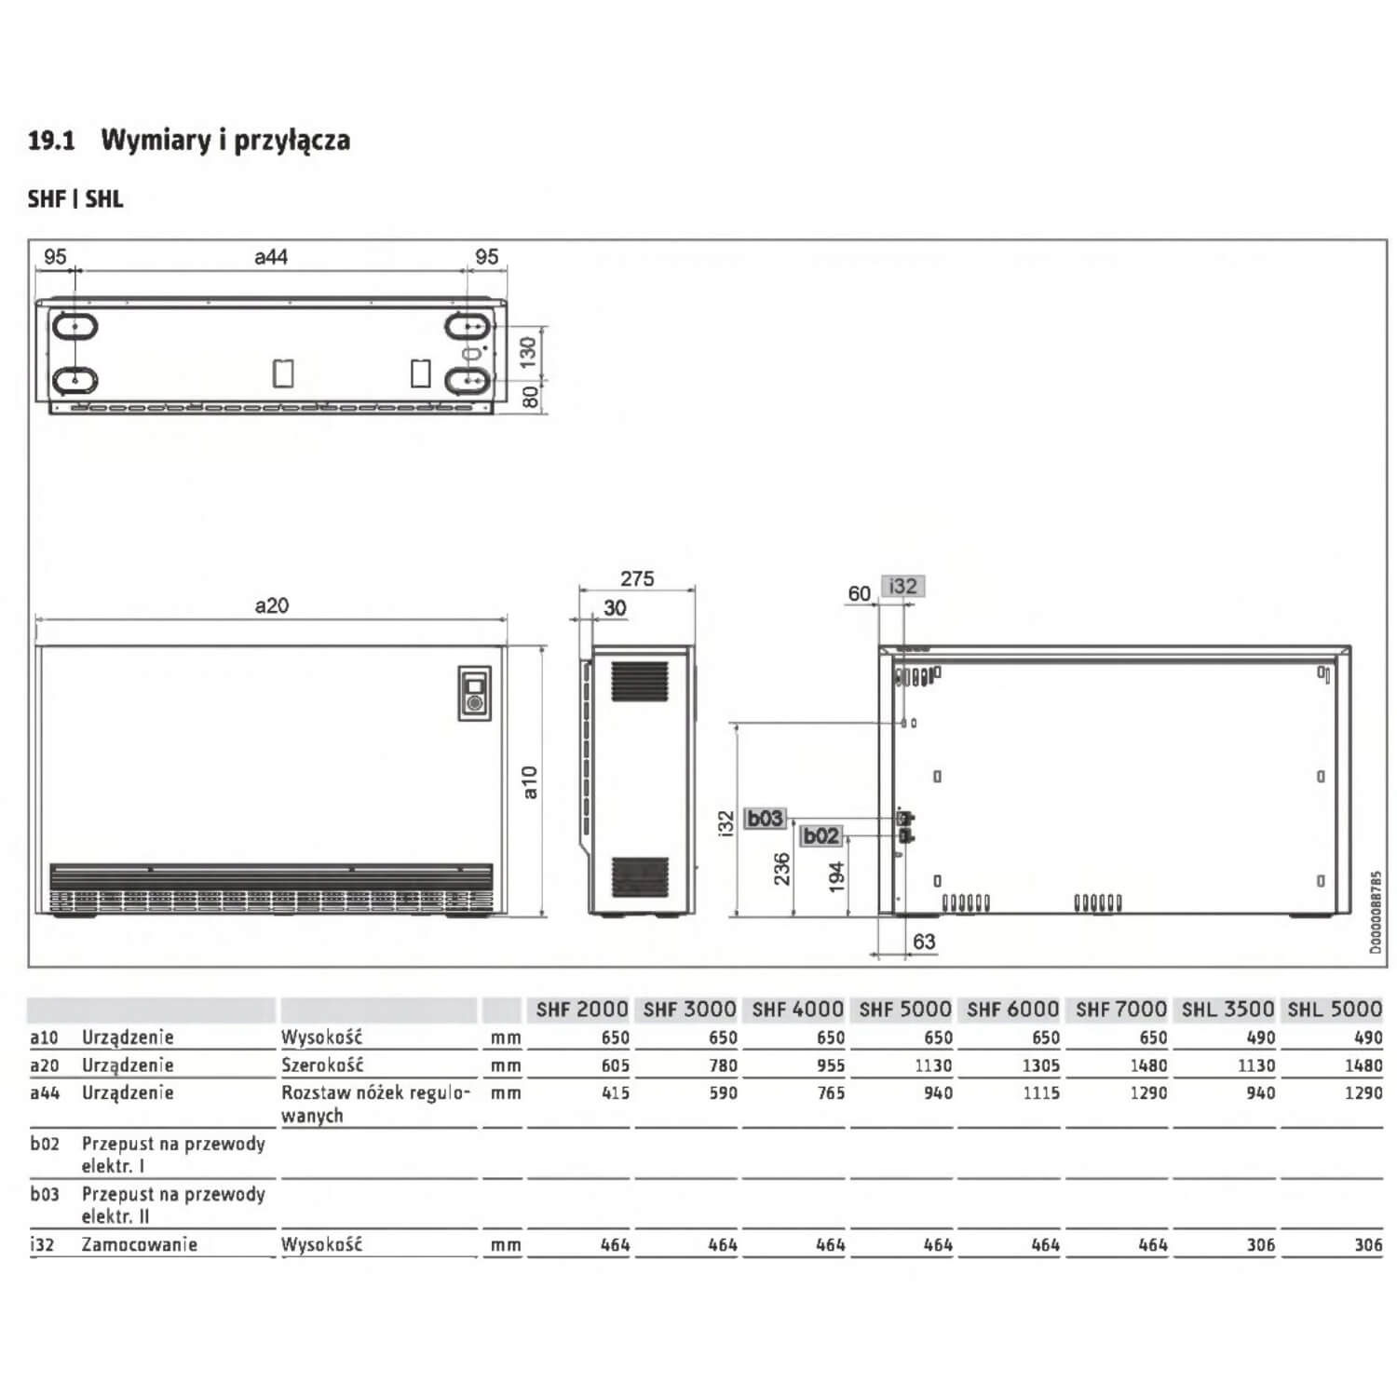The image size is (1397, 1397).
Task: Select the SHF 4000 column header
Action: [x=797, y=1010]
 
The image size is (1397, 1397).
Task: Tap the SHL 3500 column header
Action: [x=1227, y=1010]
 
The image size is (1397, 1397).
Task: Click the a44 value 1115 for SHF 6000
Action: [x=1041, y=1093]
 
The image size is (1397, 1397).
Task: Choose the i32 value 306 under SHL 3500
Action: [x=1260, y=1245]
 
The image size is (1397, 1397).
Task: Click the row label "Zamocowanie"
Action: [x=140, y=1245]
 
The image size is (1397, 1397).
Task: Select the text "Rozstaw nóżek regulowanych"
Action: [x=375, y=1104]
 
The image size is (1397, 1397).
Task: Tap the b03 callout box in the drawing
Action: [x=765, y=819]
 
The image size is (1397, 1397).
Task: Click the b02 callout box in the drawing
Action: [x=821, y=836]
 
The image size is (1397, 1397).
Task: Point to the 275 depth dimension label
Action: [x=637, y=578]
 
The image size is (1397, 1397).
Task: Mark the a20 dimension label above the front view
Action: [x=271, y=605]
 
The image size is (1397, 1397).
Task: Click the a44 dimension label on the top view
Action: [x=271, y=256]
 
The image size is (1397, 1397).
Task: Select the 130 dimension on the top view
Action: [x=528, y=352]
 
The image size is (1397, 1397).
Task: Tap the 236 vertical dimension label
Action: [x=782, y=868]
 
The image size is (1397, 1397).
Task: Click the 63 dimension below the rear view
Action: [x=924, y=942]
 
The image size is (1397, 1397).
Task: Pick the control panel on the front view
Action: [x=474, y=693]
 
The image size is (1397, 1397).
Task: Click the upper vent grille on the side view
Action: [x=640, y=682]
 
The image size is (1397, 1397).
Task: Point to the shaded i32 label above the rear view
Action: [x=902, y=587]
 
